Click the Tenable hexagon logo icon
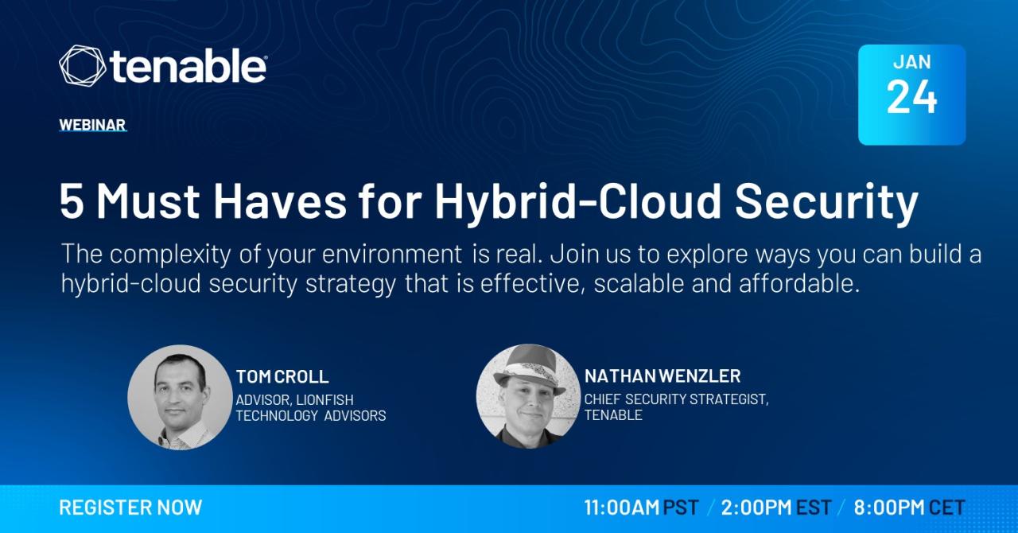point(82,65)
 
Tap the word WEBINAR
point(92,125)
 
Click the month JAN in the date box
point(912,62)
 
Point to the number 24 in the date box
point(911,97)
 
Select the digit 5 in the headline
point(72,201)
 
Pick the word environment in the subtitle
point(392,254)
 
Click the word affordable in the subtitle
point(799,283)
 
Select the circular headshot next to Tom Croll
point(180,397)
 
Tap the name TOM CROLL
point(282,376)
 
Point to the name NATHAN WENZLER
point(662,376)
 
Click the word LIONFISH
point(325,399)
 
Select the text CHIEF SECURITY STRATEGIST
point(676,399)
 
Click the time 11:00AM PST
point(641,508)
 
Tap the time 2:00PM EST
point(776,508)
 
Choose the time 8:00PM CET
point(909,508)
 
